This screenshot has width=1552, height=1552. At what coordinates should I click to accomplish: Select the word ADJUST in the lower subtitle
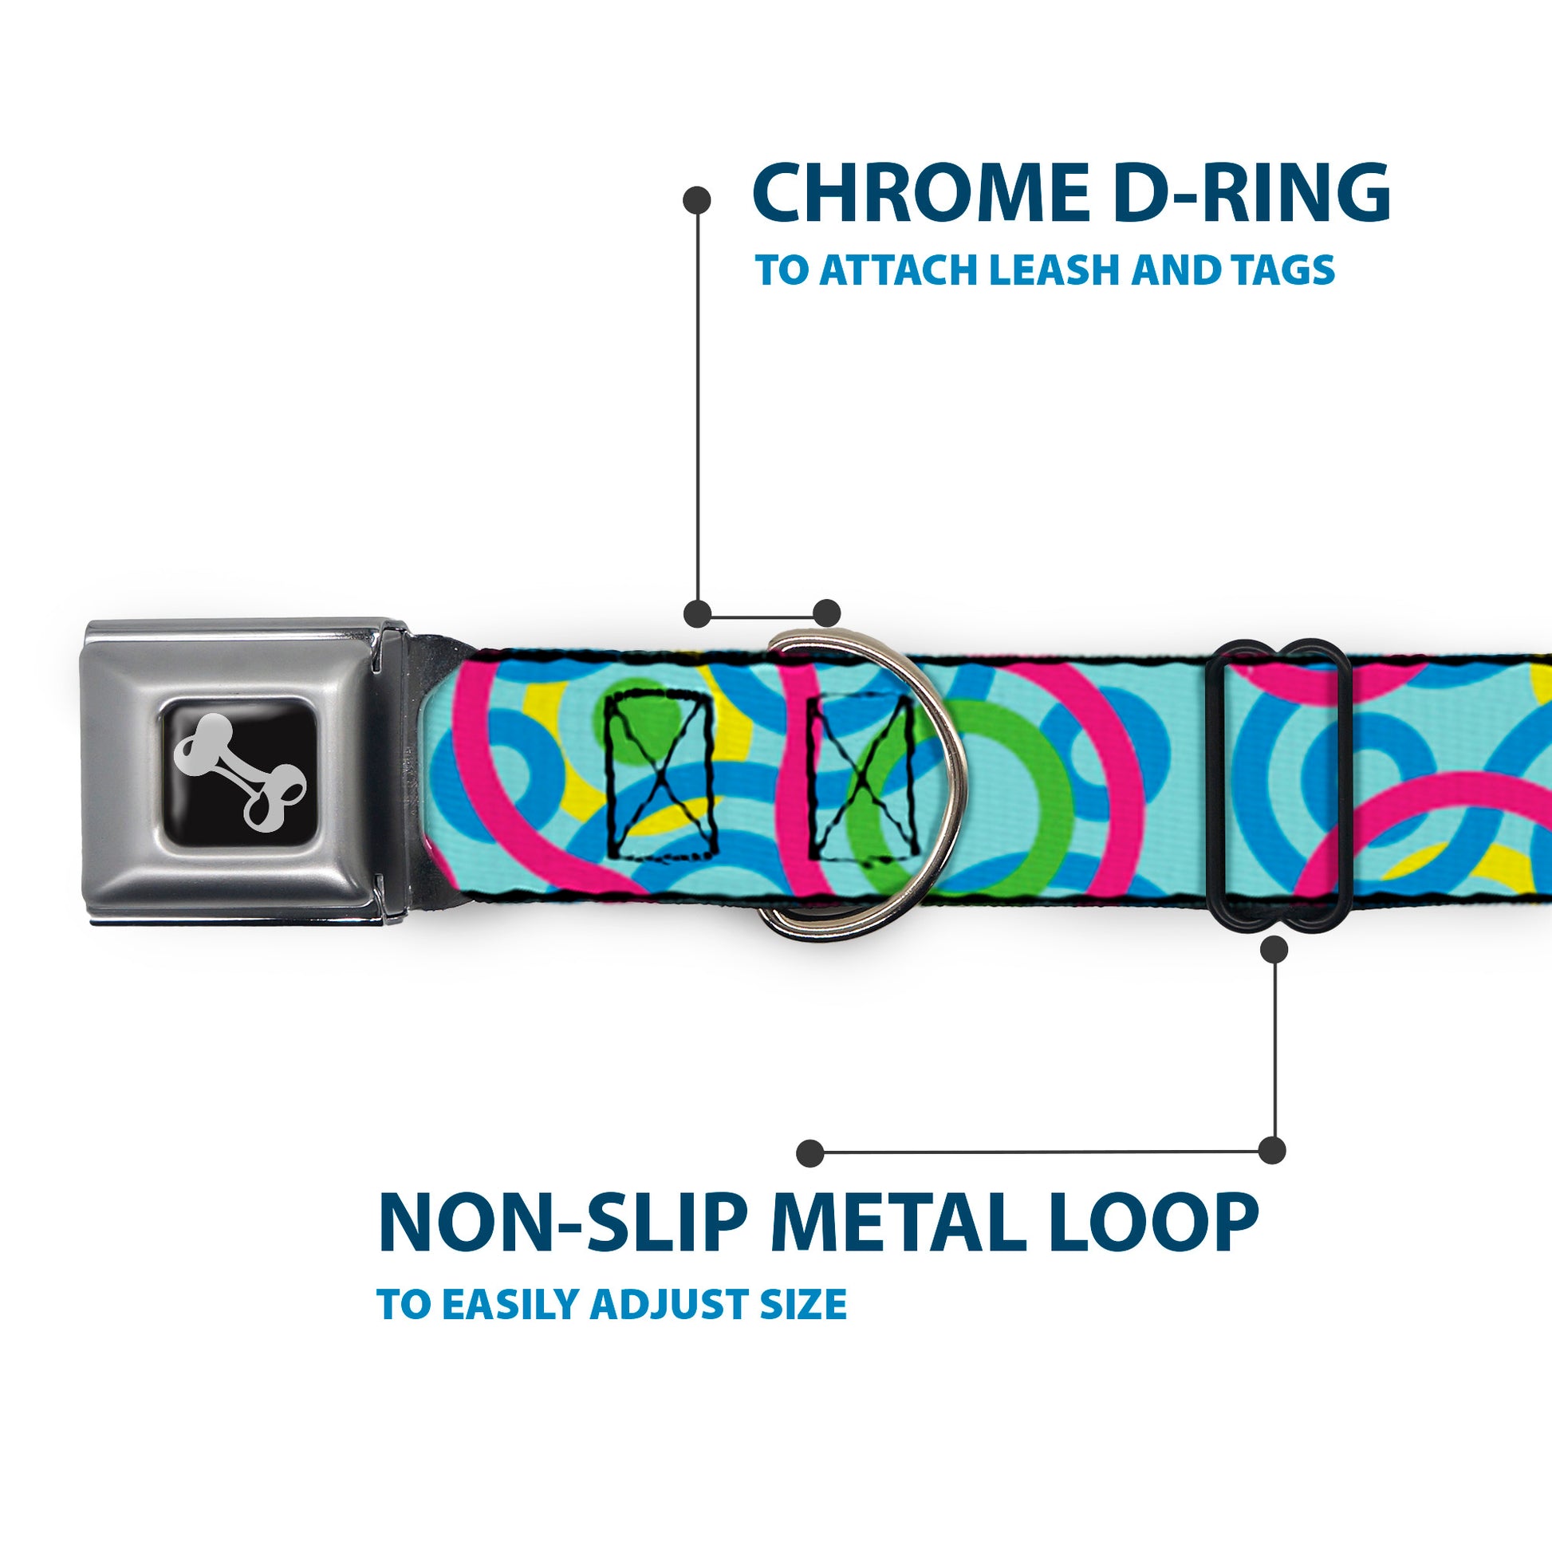[669, 1305]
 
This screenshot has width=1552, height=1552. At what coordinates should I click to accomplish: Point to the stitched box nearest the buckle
[660, 776]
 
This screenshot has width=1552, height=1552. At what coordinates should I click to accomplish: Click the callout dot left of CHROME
[696, 200]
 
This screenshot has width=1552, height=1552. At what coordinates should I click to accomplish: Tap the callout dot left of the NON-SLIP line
[809, 1153]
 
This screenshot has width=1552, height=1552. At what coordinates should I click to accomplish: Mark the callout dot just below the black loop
[1274, 951]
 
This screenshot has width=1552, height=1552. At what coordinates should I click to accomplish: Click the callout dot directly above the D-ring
[826, 613]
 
